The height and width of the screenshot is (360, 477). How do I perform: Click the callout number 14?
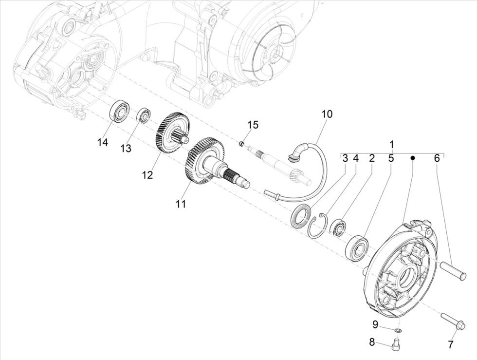102,142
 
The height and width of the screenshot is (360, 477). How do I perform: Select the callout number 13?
126,149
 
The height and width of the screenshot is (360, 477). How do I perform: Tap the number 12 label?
147,175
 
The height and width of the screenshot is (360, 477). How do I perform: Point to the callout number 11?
181,205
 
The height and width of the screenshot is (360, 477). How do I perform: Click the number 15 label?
252,125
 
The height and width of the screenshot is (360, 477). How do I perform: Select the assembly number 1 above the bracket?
392,145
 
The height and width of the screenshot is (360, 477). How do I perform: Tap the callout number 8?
372,342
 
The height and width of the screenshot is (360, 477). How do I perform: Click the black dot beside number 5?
412,158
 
